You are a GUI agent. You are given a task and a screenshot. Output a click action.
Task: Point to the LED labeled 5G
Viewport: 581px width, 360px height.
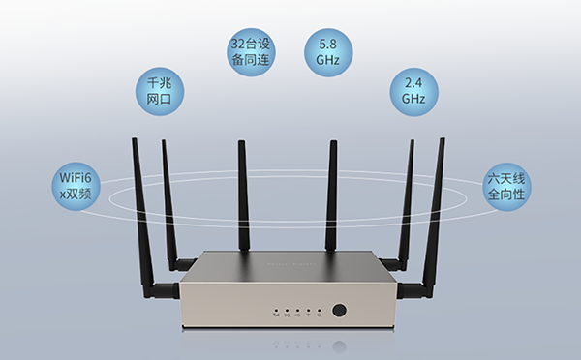287,311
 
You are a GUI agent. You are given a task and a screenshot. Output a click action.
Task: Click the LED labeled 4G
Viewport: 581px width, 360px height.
297,311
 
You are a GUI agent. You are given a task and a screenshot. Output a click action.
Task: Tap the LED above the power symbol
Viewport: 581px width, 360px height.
319,311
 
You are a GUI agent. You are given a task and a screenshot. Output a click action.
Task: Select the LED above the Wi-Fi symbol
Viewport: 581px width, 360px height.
308,311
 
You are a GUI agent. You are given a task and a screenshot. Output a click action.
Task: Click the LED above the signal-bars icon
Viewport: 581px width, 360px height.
276,311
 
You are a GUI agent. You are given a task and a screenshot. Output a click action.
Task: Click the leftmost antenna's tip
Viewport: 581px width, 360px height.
134,142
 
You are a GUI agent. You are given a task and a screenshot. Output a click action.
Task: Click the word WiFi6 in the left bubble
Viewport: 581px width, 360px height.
76,174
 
